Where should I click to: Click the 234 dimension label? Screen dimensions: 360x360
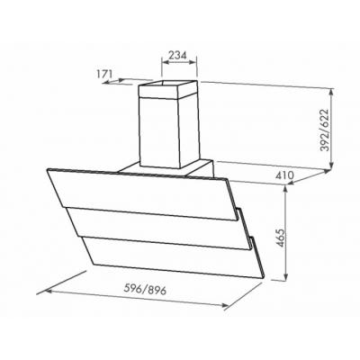[x=177, y=55]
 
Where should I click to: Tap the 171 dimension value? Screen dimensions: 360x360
[x=104, y=74]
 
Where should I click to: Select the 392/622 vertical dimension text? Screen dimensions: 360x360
[x=324, y=130]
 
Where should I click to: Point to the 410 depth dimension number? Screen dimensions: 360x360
[x=283, y=175]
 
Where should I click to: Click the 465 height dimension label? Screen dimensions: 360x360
[x=280, y=238]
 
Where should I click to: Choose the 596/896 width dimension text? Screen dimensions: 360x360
[x=145, y=290]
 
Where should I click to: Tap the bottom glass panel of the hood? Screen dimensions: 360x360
[x=175, y=256]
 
